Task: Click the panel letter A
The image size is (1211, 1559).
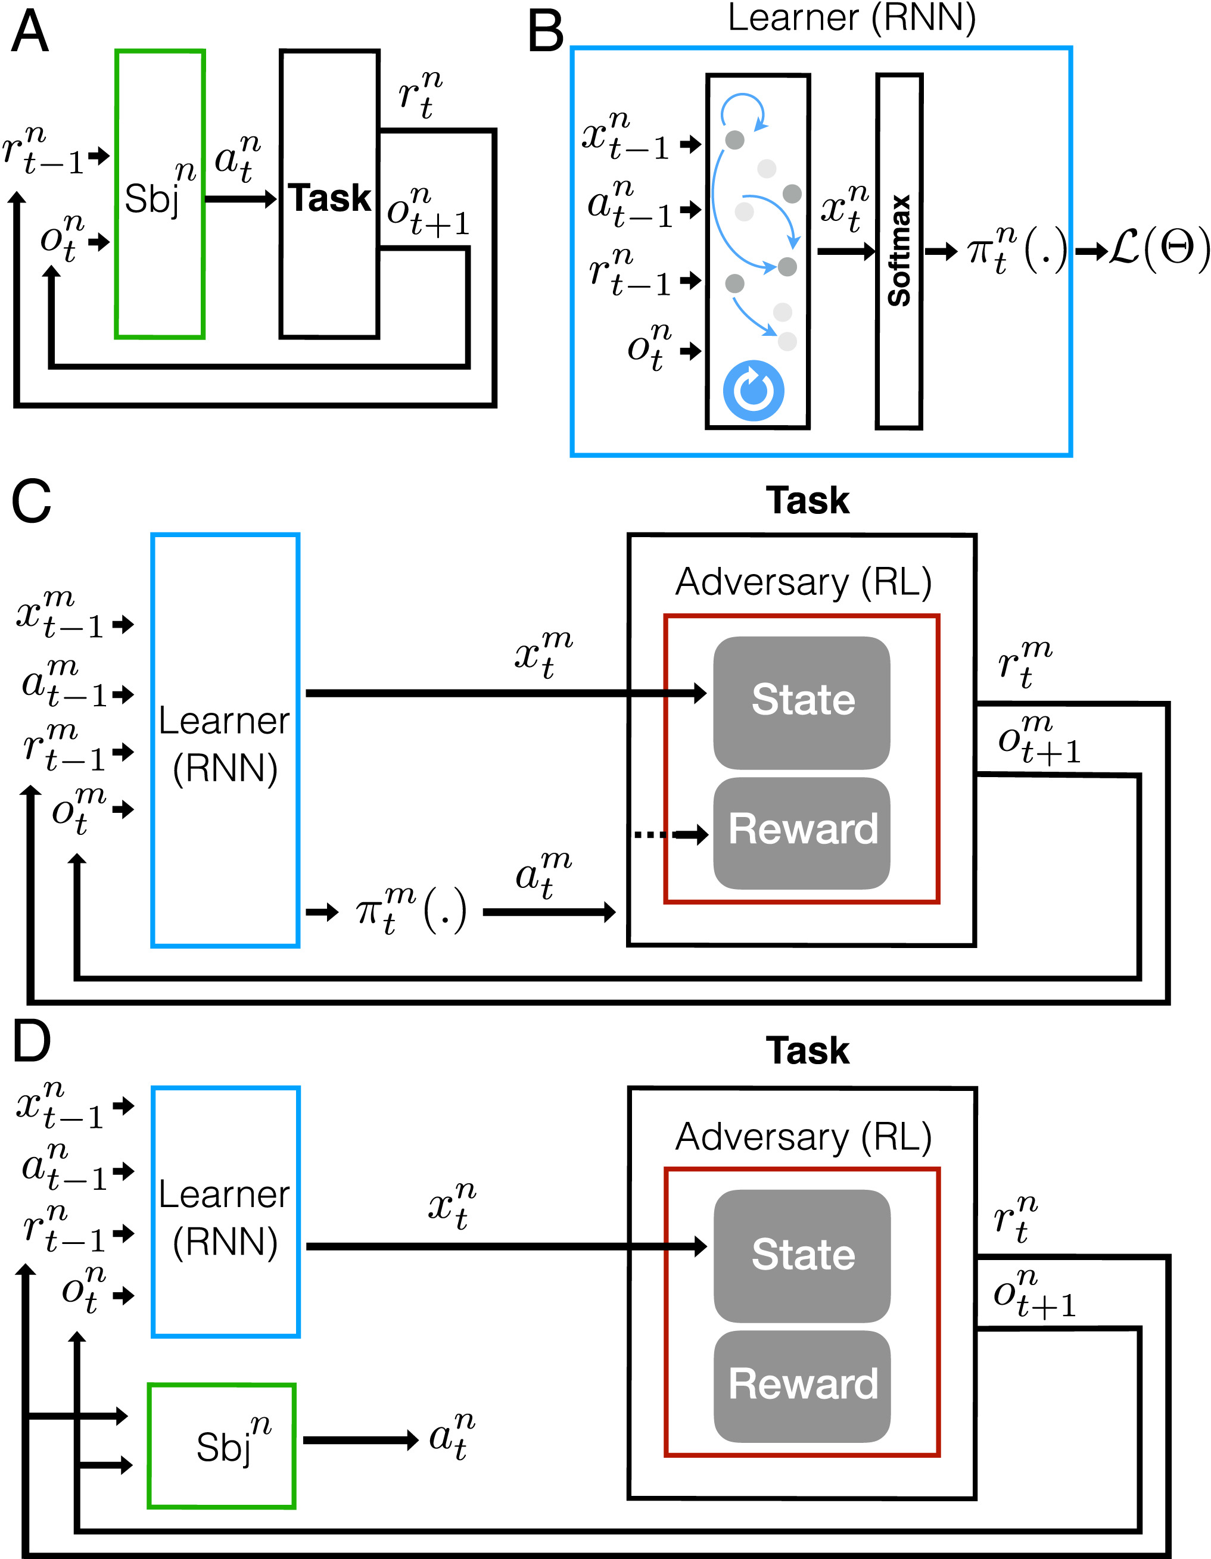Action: coord(30,33)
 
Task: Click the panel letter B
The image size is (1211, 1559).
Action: coord(546,33)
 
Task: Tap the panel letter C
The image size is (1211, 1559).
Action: coord(32,501)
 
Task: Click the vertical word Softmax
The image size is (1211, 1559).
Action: coord(899,251)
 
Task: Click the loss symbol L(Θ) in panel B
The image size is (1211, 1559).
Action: coord(1157,250)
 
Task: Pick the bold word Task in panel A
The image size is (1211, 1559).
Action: coord(329,198)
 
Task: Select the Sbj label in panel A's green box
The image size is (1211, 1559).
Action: coord(151,198)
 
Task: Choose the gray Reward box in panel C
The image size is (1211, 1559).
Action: coord(801,832)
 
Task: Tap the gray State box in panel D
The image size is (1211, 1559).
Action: coord(802,1256)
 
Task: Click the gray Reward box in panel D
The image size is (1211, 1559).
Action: coord(802,1386)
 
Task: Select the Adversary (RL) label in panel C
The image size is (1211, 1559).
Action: coord(804,582)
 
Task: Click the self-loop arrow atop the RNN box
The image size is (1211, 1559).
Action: coord(743,111)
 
